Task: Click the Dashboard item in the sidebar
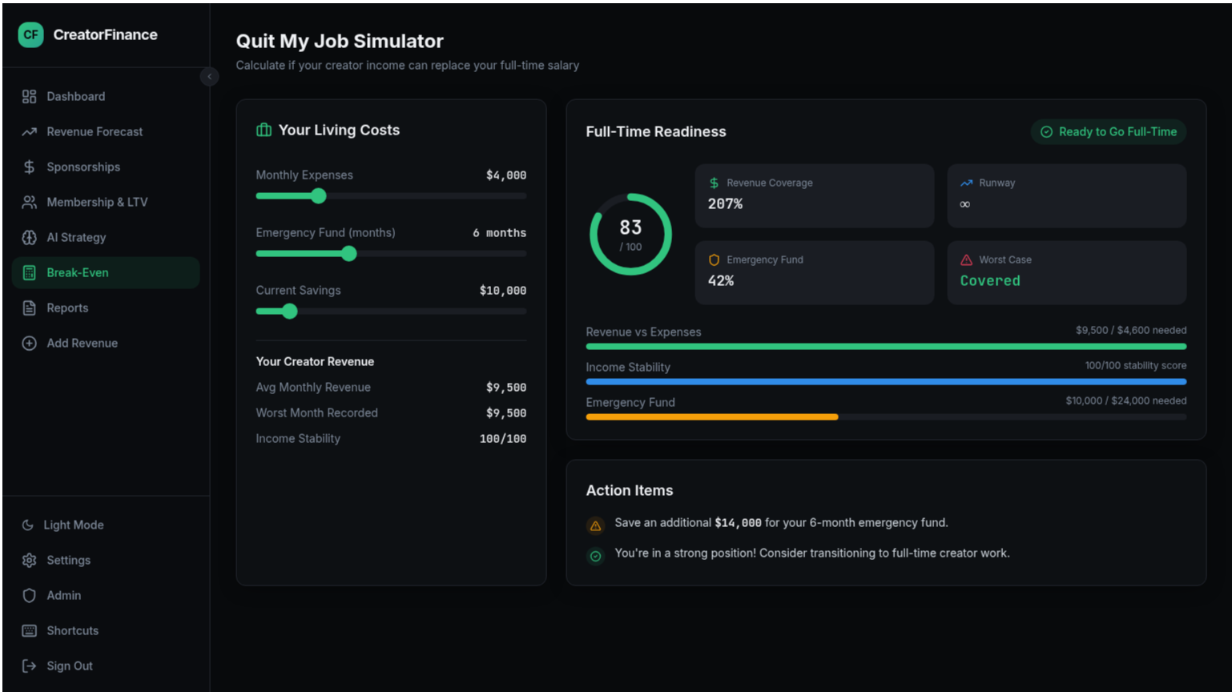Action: point(75,96)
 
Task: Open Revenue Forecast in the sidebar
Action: point(94,131)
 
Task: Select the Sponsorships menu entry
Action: point(83,167)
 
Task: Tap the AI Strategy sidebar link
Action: point(75,237)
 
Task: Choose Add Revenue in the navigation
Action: point(82,343)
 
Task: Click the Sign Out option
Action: point(69,666)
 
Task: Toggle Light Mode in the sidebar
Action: point(73,525)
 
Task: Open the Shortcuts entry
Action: point(72,630)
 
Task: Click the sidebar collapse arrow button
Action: point(209,77)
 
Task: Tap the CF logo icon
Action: point(30,34)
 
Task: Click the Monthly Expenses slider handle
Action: point(319,195)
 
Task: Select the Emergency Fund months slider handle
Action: point(348,253)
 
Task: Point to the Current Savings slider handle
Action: point(290,311)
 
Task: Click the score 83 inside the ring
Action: point(630,228)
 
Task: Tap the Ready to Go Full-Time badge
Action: point(1108,131)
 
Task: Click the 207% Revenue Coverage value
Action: point(725,204)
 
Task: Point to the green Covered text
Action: point(990,280)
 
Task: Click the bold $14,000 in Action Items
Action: point(738,523)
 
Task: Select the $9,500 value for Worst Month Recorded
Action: point(505,413)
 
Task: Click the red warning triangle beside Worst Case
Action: point(966,259)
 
